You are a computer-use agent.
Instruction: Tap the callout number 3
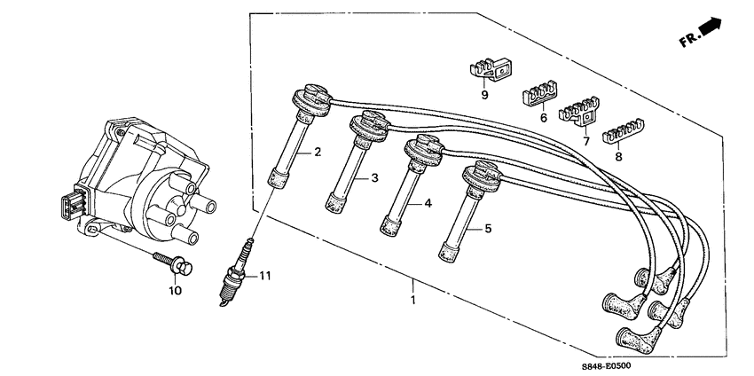(x=375, y=179)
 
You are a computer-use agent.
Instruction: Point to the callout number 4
(x=428, y=203)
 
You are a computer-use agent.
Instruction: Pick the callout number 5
(x=488, y=230)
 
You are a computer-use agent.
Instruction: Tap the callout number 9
(x=484, y=93)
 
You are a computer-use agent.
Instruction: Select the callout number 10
(x=175, y=290)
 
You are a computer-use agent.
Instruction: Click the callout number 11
(x=265, y=276)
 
